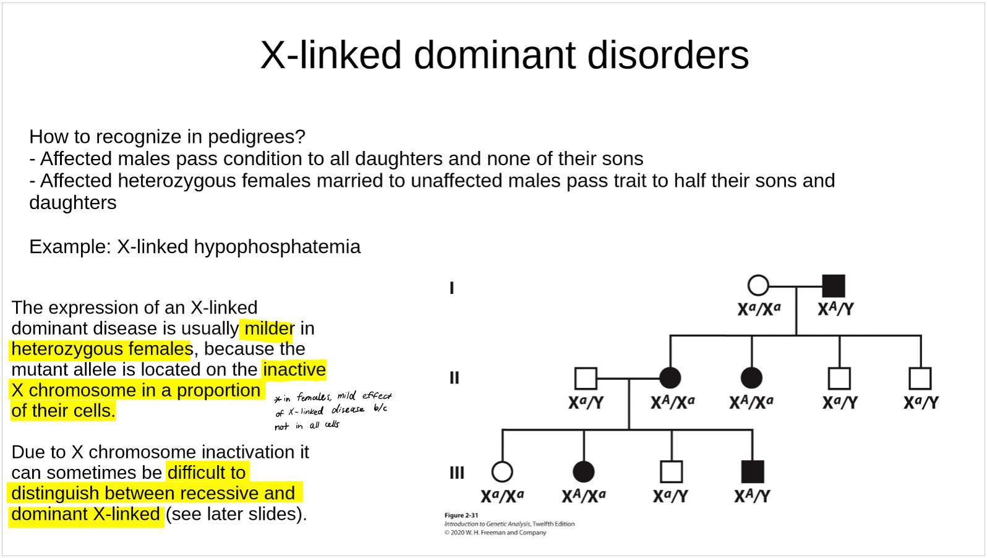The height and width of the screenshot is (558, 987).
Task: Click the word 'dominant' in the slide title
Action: [x=494, y=55]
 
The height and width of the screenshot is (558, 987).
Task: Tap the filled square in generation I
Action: [x=834, y=286]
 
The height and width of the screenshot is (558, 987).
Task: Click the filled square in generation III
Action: [x=753, y=471]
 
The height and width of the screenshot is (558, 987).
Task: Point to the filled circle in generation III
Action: [x=583, y=471]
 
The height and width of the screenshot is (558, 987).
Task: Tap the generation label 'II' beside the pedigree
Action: [x=455, y=378]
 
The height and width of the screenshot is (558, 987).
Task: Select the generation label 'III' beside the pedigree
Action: [x=457, y=473]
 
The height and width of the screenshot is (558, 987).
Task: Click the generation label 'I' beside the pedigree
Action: [x=451, y=288]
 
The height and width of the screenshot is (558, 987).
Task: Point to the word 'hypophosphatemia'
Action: [x=277, y=247]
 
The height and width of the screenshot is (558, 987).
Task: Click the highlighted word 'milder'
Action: [x=269, y=328]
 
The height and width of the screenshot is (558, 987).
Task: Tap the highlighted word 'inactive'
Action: [x=294, y=369]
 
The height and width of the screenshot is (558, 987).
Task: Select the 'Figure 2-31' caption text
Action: [x=461, y=515]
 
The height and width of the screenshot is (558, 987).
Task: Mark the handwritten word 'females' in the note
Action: [x=314, y=397]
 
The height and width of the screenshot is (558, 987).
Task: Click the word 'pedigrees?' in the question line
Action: [x=257, y=137]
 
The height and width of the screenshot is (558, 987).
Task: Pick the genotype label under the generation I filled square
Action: [x=836, y=309]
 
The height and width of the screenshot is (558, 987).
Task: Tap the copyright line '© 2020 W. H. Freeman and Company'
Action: [x=495, y=533]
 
